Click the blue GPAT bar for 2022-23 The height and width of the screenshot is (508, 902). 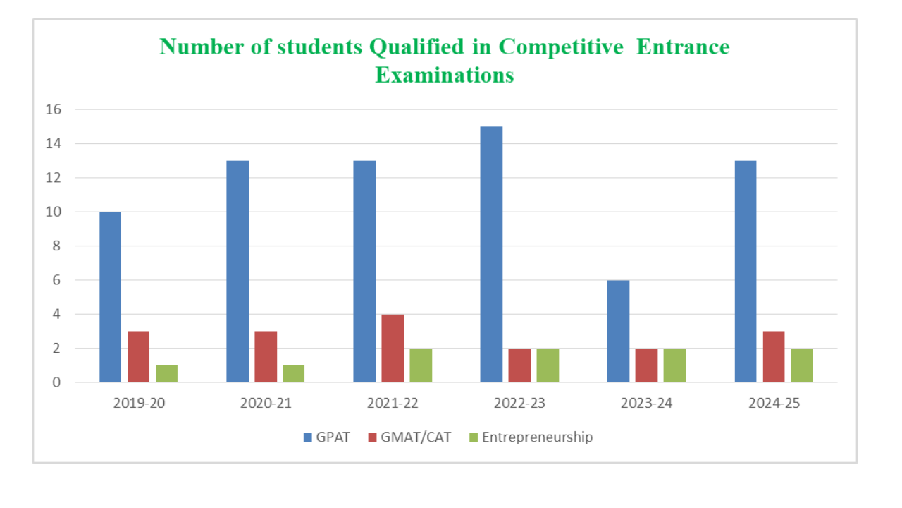[491, 254]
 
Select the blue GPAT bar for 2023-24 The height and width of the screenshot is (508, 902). [618, 331]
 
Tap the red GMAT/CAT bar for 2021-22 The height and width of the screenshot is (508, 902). [393, 348]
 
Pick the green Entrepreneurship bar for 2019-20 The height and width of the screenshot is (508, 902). [166, 373]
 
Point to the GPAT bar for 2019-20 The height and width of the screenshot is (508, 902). [110, 297]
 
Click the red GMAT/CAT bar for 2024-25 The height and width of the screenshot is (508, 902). [773, 356]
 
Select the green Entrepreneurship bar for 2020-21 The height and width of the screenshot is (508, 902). [293, 373]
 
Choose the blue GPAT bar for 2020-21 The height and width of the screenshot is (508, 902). [237, 272]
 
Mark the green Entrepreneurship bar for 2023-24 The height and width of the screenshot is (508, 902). [674, 365]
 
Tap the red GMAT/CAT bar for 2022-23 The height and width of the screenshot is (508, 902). [519, 365]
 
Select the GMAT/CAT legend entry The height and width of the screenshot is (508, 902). [407, 437]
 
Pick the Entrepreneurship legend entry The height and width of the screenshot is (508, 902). [531, 437]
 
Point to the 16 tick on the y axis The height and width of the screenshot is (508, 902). [55, 109]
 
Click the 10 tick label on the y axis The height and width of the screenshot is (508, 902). [55, 212]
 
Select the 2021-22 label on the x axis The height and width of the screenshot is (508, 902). [393, 404]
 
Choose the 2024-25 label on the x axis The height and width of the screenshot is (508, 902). [774, 404]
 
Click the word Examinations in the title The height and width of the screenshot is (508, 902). [445, 75]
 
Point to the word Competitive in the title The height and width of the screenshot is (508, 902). [561, 47]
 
